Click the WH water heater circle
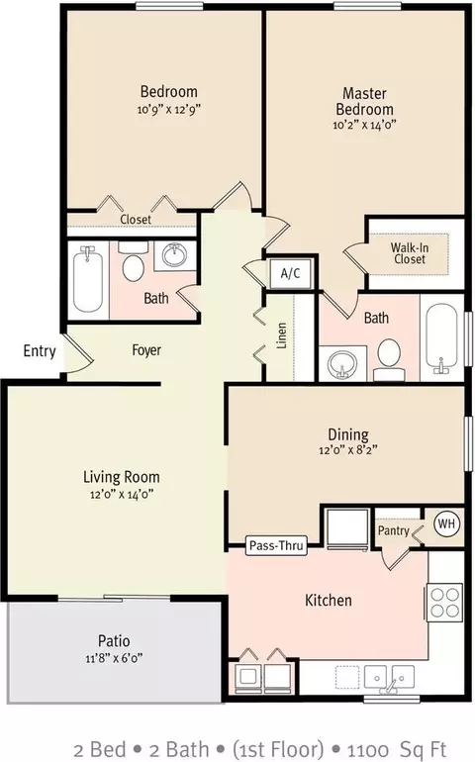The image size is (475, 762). [446, 524]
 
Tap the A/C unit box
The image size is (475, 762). [290, 273]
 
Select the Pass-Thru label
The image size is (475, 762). [276, 545]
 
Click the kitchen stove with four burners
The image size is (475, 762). [445, 602]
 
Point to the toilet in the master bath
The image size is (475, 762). [389, 359]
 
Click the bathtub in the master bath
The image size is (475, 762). [441, 338]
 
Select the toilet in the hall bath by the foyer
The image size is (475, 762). [133, 262]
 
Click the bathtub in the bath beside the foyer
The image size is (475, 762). [88, 279]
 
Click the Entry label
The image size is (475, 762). [40, 351]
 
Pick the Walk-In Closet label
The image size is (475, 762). [410, 253]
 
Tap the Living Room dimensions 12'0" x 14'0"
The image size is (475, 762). [122, 495]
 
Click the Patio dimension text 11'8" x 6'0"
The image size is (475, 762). [114, 658]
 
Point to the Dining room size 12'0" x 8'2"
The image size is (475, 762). [348, 450]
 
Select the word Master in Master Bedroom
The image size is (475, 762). [364, 93]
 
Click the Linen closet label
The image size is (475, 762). [281, 335]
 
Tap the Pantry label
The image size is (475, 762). [393, 530]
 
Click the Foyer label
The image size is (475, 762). [146, 350]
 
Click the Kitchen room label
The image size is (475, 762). [329, 600]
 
